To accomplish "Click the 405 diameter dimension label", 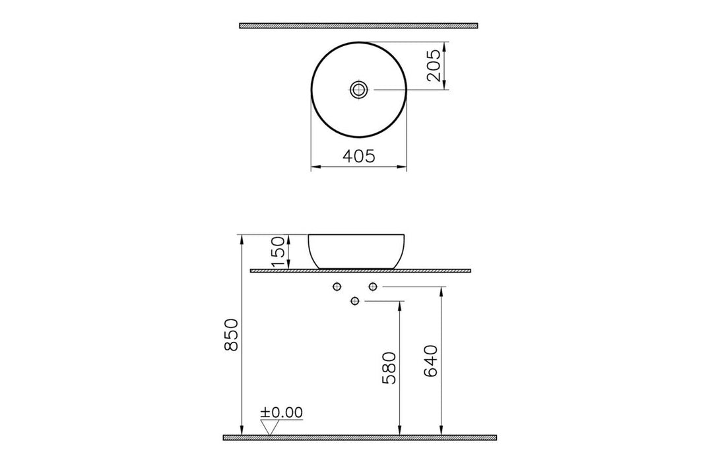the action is pos(359,156).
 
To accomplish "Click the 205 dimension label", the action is pos(434,66).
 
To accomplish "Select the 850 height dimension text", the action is pos(232,335).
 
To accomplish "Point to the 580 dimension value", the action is pos(389,368).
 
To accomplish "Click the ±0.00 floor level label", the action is pos(282,412).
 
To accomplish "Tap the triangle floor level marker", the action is pos(269,428).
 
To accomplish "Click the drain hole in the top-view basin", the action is pos(358,90).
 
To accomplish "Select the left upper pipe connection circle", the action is pos(337,286).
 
